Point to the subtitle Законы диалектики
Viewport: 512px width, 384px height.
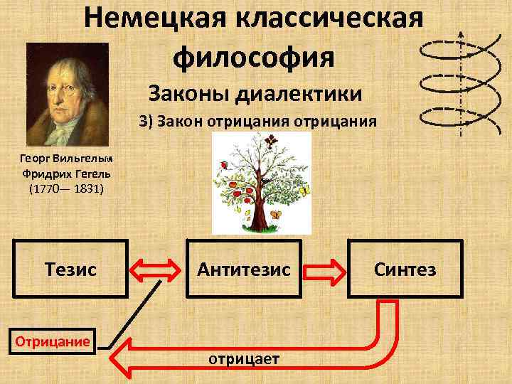point(255,93)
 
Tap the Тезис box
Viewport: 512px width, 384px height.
point(71,269)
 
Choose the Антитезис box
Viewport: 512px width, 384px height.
point(244,269)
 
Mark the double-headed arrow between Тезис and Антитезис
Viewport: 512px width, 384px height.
point(157,270)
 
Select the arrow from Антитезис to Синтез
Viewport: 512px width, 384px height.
point(324,270)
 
